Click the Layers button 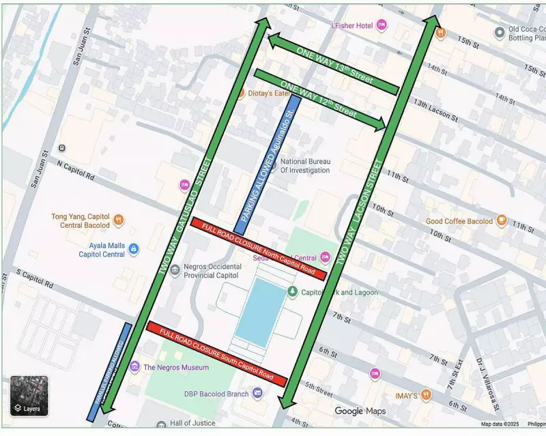(x=29, y=396)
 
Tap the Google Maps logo (x=360, y=411)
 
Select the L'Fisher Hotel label (x=351, y=25)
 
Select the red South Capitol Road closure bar (x=216, y=353)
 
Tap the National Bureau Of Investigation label (x=305, y=166)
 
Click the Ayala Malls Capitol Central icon (x=134, y=249)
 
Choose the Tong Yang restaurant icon (x=119, y=220)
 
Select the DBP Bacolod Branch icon (x=257, y=393)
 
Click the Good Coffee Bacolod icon (x=502, y=220)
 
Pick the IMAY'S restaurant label (x=405, y=394)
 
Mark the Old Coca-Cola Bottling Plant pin (x=500, y=31)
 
